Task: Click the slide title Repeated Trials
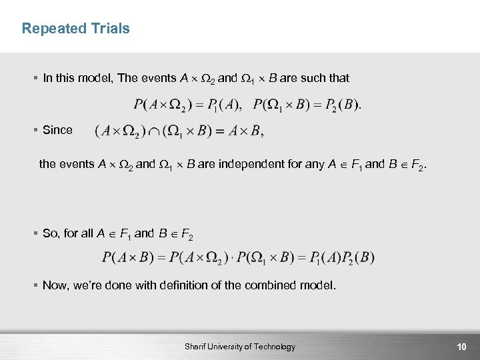(x=75, y=29)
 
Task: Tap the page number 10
(x=461, y=347)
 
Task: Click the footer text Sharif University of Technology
(x=241, y=347)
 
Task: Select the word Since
(x=57, y=130)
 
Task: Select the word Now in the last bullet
(x=55, y=285)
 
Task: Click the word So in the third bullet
(x=50, y=233)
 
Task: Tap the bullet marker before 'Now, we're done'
(x=35, y=285)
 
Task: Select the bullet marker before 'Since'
(x=35, y=130)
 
